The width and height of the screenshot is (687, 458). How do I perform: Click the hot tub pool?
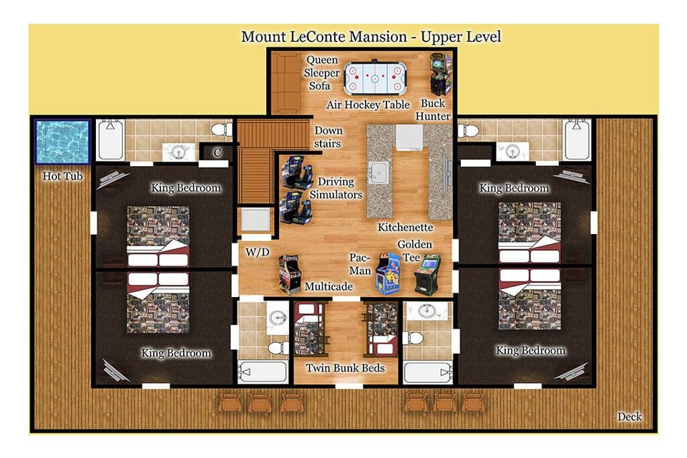tap(63, 142)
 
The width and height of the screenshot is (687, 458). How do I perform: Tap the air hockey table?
tap(375, 78)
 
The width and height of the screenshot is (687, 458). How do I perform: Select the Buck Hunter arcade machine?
tap(440, 74)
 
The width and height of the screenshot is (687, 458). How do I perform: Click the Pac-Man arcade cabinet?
tap(388, 273)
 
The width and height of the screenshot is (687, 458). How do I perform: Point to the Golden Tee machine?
tap(427, 274)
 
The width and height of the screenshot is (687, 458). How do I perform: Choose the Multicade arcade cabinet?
tap(290, 274)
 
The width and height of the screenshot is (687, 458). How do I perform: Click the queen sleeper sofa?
tap(286, 83)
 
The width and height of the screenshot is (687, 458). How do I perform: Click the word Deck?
tap(630, 416)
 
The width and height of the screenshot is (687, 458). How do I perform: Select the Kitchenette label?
tap(405, 227)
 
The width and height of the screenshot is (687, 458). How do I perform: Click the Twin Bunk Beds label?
tap(345, 368)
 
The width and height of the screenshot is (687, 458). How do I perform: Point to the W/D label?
tap(257, 252)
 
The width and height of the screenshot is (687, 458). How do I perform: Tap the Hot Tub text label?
tap(63, 176)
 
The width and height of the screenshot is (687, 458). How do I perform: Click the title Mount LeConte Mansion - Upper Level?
tap(371, 36)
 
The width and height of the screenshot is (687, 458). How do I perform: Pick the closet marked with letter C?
tap(216, 152)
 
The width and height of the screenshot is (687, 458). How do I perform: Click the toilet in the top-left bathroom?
tap(221, 130)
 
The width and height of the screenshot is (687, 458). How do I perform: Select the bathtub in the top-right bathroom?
tap(577, 140)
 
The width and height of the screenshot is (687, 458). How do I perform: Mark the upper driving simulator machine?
tap(296, 172)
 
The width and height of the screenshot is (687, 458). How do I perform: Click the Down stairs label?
tap(328, 137)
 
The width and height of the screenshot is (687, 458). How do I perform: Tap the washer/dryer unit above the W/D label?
tap(256, 220)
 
